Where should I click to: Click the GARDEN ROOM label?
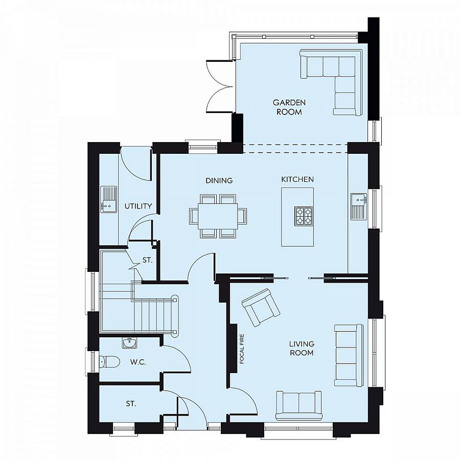[x=289, y=107]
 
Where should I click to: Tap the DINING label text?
[x=219, y=180]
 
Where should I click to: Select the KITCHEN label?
[x=297, y=179]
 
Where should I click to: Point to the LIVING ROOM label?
[x=302, y=349]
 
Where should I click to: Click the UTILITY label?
[x=139, y=206]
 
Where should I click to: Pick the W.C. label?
[x=138, y=362]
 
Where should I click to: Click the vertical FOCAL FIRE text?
[x=242, y=349]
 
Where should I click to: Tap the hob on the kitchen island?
[x=303, y=216]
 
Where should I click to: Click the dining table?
[x=218, y=216]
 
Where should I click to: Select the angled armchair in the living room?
[x=260, y=307]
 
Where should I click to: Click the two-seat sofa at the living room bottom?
[x=298, y=404]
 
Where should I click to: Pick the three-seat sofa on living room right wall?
[x=349, y=355]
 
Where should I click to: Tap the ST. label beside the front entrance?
[x=131, y=404]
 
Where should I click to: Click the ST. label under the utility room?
[x=148, y=260]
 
